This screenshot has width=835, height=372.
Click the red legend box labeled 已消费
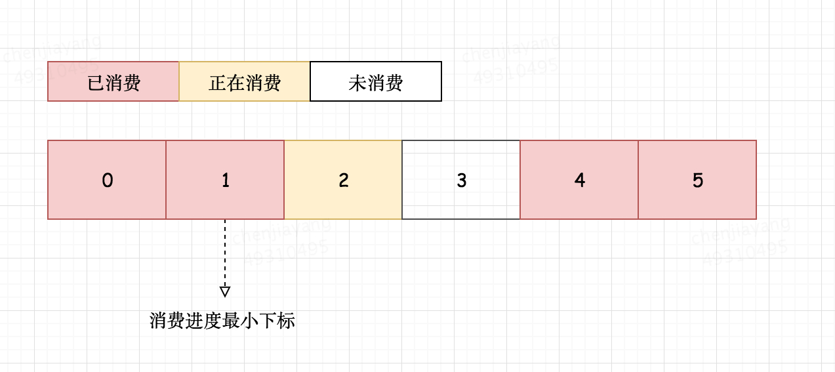pyautogui.click(x=113, y=81)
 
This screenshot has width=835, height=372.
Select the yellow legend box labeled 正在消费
pyautogui.click(x=244, y=81)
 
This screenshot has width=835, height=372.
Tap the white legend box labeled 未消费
pyautogui.click(x=376, y=81)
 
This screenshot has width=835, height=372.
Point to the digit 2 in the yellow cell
pyautogui.click(x=343, y=180)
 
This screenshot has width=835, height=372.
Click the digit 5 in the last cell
pyautogui.click(x=697, y=180)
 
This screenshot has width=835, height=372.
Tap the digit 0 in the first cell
pyautogui.click(x=107, y=180)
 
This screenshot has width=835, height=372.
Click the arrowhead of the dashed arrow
pyautogui.click(x=225, y=291)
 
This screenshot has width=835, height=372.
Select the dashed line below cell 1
pyautogui.click(x=225, y=253)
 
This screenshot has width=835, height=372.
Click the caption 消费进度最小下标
pyautogui.click(x=222, y=321)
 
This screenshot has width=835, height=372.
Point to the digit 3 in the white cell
pyautogui.click(x=461, y=180)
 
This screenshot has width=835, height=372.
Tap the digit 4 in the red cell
pyautogui.click(x=579, y=180)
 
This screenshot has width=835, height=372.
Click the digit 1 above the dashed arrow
pyautogui.click(x=225, y=180)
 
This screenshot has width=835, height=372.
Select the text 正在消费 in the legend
pyautogui.click(x=245, y=83)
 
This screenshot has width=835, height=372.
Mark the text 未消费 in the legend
pyautogui.click(x=376, y=83)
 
